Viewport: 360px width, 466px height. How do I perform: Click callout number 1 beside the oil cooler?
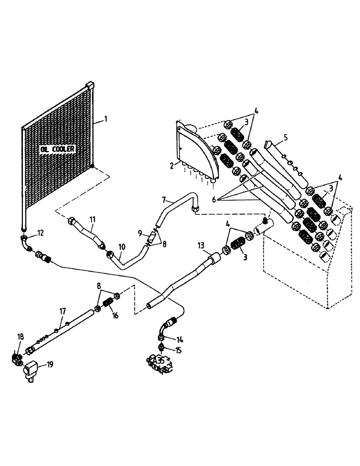[x=106, y=119]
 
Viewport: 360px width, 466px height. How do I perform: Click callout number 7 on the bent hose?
[x=164, y=200]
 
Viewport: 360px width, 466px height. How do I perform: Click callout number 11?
[x=92, y=218]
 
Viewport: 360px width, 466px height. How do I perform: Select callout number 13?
[x=201, y=245]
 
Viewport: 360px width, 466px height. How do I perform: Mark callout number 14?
[x=180, y=339]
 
